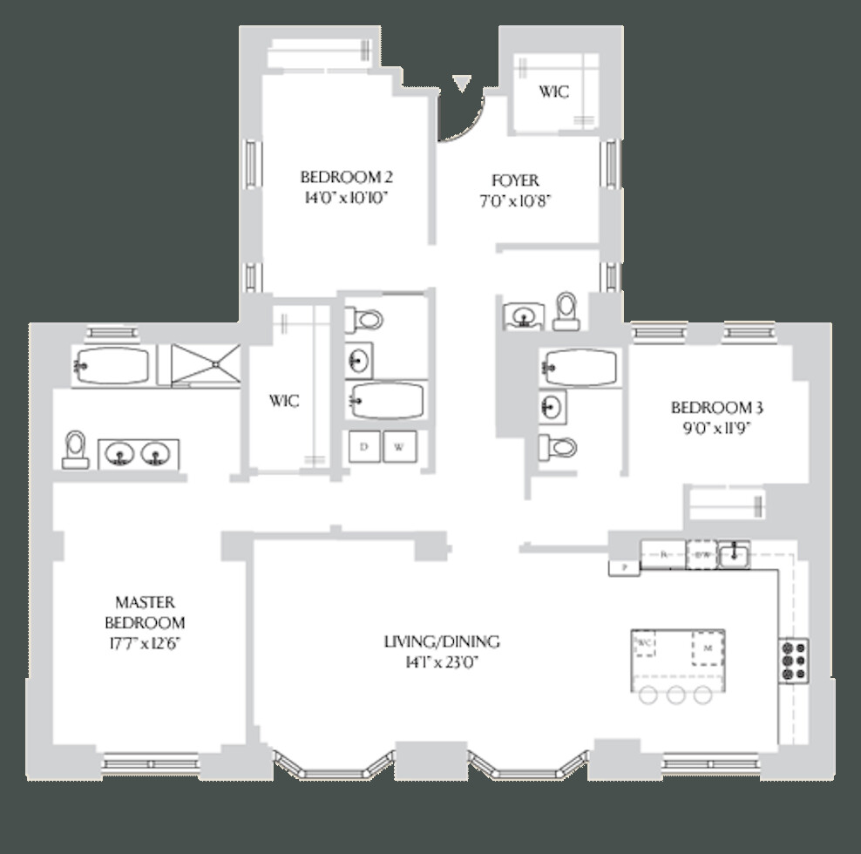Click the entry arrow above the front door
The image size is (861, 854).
[461, 83]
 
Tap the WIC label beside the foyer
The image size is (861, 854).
[553, 91]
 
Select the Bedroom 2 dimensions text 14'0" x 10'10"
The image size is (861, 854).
[345, 198]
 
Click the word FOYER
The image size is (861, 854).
[515, 181]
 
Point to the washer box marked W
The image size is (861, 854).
[399, 447]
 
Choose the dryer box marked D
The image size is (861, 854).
[364, 447]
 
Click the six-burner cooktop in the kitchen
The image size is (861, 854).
[793, 660]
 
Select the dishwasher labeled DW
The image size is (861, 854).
[702, 553]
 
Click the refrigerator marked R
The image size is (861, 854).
[664, 553]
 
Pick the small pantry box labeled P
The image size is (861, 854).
[623, 567]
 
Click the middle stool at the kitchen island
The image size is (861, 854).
[675, 695]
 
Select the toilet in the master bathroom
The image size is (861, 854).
[75, 448]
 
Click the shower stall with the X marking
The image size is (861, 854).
[204, 365]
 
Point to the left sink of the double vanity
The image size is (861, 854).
[120, 453]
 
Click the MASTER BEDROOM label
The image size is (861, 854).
[145, 613]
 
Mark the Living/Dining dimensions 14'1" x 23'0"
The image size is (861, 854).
[442, 662]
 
